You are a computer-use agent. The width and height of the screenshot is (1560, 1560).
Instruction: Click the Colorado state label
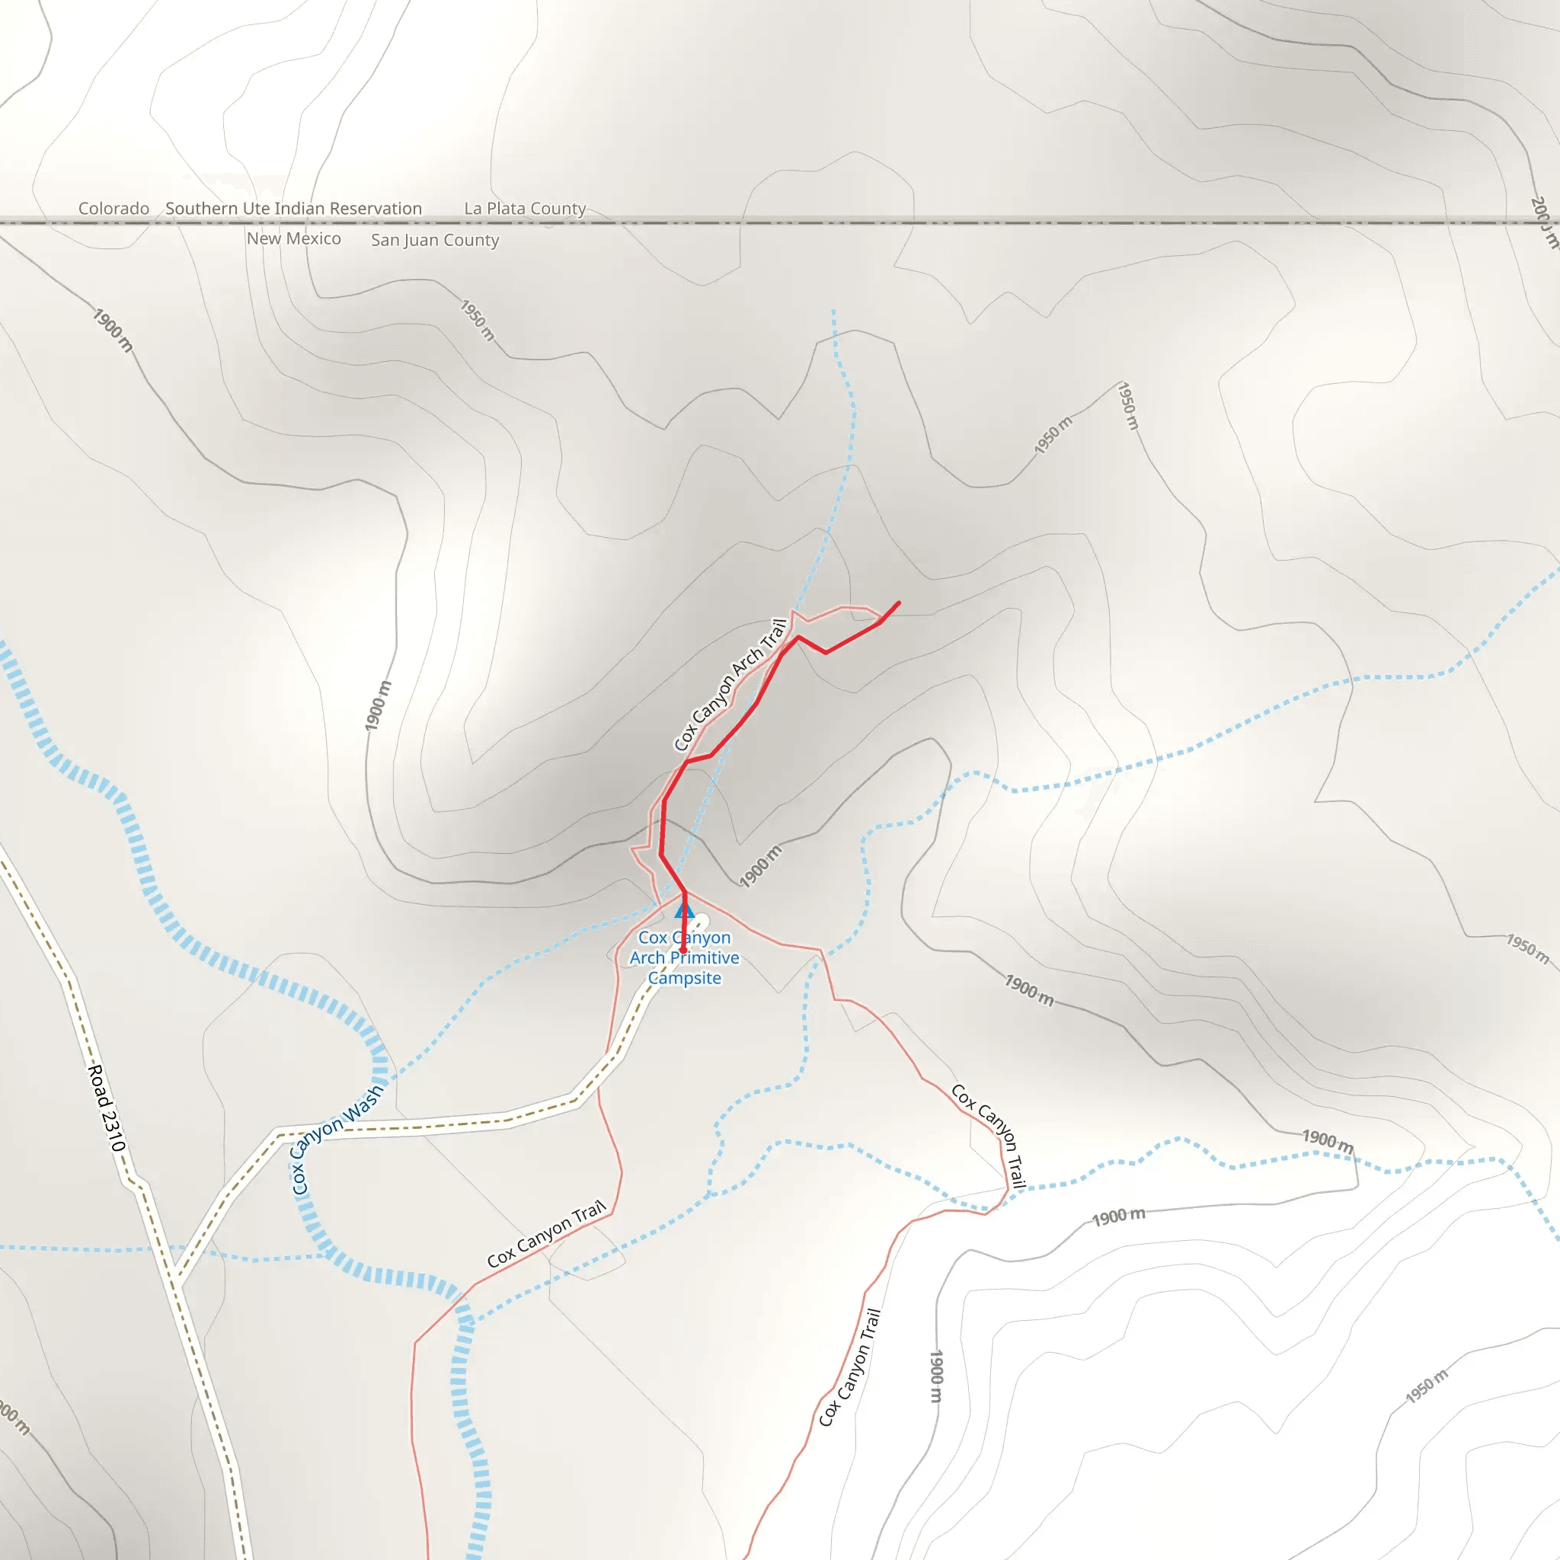(x=113, y=208)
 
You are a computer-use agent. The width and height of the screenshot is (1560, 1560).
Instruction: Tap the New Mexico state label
(x=294, y=239)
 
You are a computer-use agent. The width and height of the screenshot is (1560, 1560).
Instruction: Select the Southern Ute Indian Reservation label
(x=294, y=208)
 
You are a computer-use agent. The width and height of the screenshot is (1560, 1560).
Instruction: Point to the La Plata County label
(x=525, y=208)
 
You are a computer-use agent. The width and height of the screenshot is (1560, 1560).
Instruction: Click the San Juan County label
(x=435, y=240)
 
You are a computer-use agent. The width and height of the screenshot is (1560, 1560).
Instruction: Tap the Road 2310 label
(x=107, y=1108)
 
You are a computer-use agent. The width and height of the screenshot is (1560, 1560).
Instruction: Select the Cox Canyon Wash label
(x=337, y=1140)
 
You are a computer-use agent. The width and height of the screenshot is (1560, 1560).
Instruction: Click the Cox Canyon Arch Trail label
(x=730, y=685)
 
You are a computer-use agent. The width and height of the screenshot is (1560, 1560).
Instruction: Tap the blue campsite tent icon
(x=684, y=911)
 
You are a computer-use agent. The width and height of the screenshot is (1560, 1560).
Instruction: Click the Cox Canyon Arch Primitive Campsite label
(x=685, y=957)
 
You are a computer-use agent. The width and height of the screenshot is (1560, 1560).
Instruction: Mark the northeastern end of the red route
(x=899, y=603)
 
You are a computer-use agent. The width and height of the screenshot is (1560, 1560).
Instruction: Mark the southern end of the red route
(x=683, y=951)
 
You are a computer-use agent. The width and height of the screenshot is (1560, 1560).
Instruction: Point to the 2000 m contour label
(x=1543, y=222)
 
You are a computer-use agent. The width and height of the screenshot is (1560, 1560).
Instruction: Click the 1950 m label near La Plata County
(x=477, y=321)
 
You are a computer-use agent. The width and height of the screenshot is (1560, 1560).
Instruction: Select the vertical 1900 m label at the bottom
(x=936, y=1376)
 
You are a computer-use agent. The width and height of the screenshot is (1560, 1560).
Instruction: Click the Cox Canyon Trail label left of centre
(x=547, y=1235)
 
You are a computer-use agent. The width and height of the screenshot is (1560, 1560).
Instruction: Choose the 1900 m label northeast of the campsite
(x=761, y=866)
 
